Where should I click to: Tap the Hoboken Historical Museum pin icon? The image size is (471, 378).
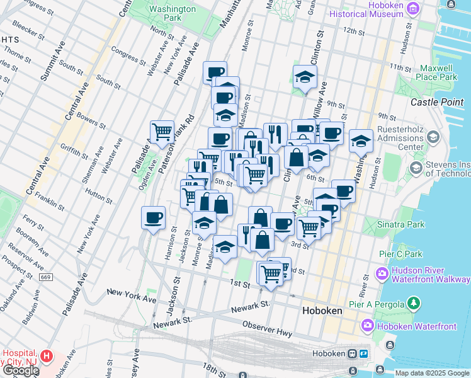[413, 8]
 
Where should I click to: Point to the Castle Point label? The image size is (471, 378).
[437, 102]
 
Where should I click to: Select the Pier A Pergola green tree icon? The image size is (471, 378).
[413, 304]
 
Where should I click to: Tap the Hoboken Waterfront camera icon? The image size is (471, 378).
[368, 326]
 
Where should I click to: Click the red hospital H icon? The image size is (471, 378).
[46, 356]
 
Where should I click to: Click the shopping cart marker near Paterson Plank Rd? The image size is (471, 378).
[162, 131]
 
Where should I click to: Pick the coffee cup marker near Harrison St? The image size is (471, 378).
[154, 218]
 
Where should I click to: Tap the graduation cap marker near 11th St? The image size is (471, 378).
[305, 77]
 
